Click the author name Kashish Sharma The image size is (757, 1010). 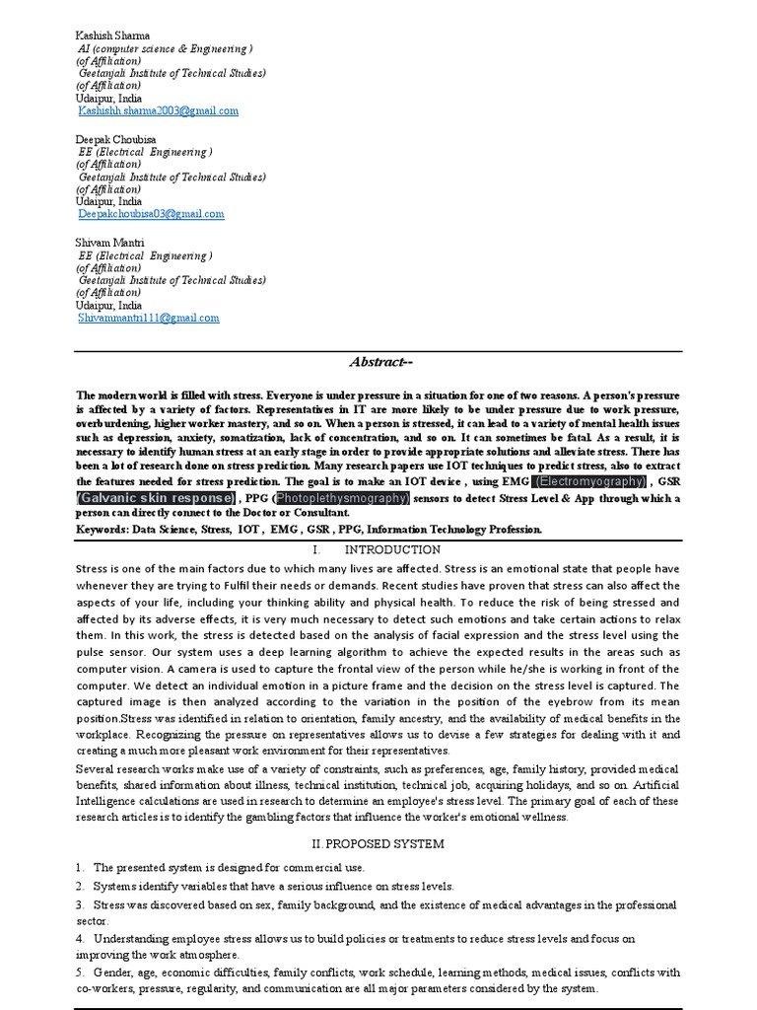[x=114, y=35]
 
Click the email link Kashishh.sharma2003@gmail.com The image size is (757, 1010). [x=158, y=111]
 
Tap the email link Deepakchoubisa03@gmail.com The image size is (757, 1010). [x=152, y=214]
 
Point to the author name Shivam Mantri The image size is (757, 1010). [x=110, y=242]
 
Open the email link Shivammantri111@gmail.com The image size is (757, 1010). [x=149, y=318]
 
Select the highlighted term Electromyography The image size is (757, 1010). [x=589, y=481]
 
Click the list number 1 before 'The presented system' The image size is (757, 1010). [x=79, y=868]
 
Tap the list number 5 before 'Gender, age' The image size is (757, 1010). [x=79, y=973]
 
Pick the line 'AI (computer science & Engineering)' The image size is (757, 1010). [x=166, y=47]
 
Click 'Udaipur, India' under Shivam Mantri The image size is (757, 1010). [x=108, y=306]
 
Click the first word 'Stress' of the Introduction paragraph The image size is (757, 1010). [x=93, y=569]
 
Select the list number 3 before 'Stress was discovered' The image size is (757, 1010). [x=79, y=904]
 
